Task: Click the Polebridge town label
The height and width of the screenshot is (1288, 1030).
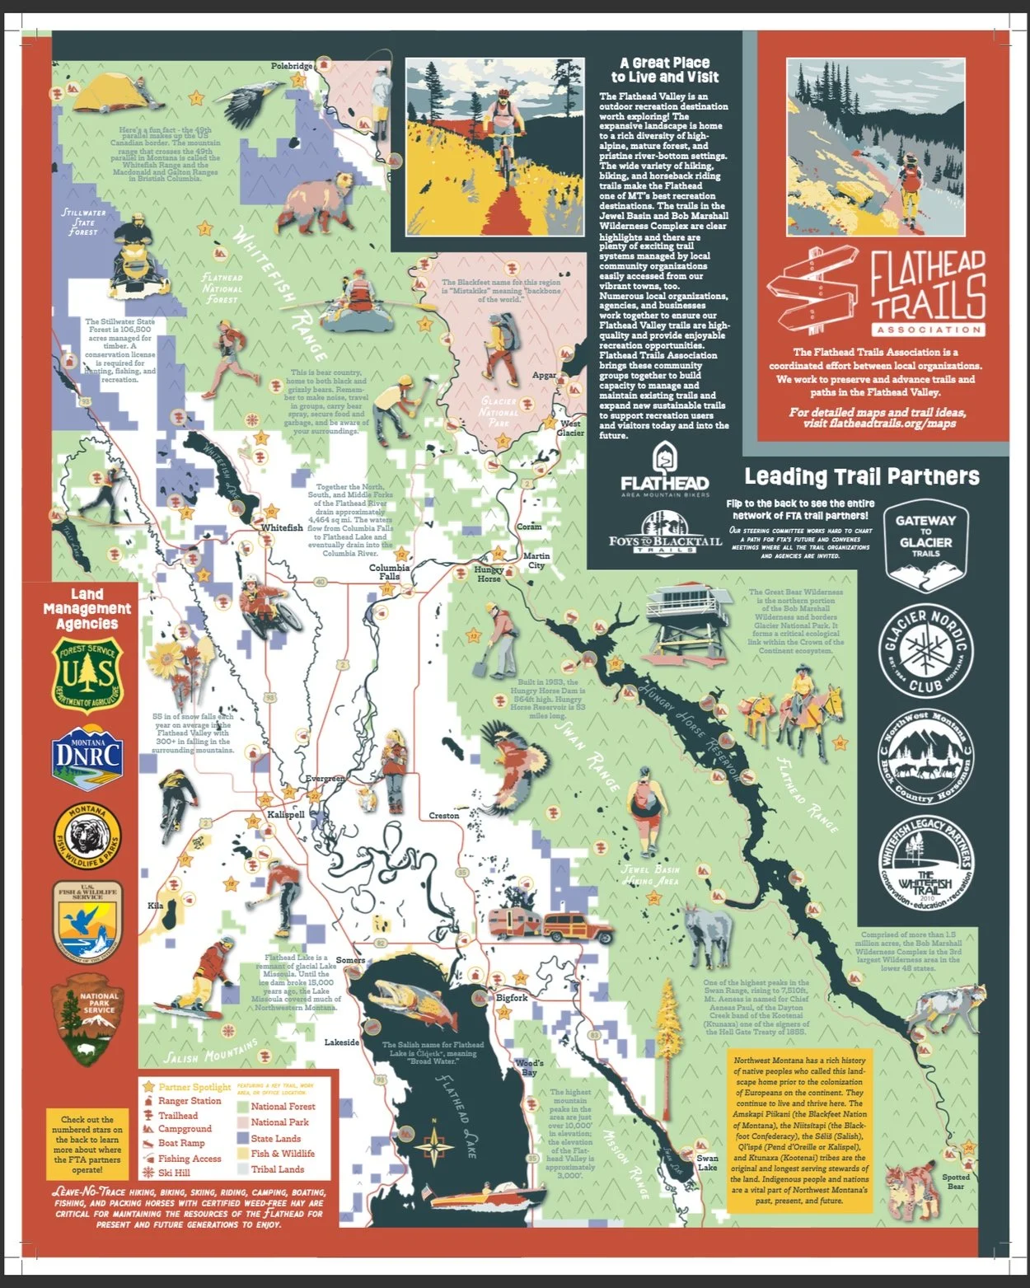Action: pyautogui.click(x=292, y=66)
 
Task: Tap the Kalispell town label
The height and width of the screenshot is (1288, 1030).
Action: pyautogui.click(x=286, y=814)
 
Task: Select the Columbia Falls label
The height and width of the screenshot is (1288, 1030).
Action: pyautogui.click(x=389, y=572)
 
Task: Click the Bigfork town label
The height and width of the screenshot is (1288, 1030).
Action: pyautogui.click(x=511, y=997)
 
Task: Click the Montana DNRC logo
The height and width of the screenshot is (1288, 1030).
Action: pyautogui.click(x=87, y=753)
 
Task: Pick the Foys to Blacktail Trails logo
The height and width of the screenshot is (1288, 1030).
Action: pyautogui.click(x=664, y=534)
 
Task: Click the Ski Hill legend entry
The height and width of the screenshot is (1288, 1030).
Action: pyautogui.click(x=174, y=1173)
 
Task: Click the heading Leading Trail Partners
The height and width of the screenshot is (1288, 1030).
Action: pyautogui.click(x=862, y=476)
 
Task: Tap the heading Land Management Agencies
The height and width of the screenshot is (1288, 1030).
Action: pyautogui.click(x=87, y=609)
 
